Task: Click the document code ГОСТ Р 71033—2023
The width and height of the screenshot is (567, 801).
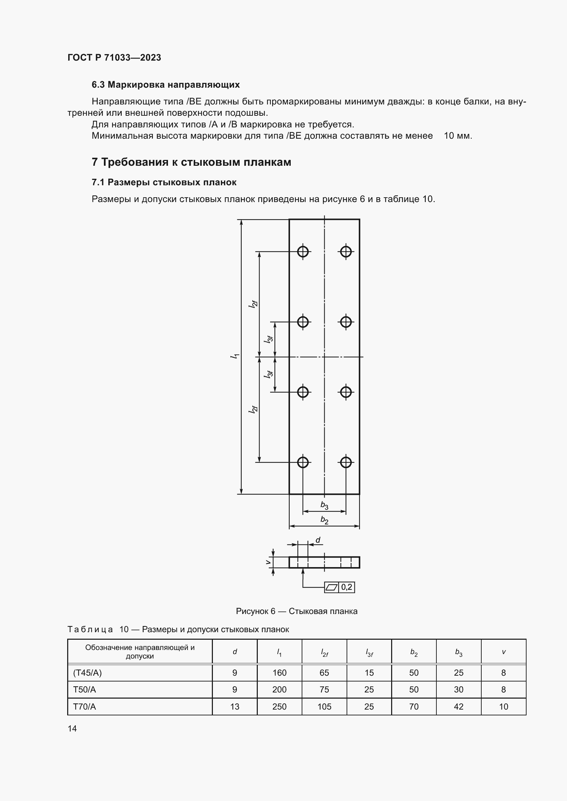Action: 114,58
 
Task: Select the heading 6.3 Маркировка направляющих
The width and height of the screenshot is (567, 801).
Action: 166,85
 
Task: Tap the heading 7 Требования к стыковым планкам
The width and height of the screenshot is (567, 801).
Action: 191,162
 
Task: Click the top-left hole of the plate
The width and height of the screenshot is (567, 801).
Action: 303,252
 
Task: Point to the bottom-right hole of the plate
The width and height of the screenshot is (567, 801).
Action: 346,462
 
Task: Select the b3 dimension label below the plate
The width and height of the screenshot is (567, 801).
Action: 324,505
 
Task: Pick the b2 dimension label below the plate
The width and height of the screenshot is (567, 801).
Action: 324,521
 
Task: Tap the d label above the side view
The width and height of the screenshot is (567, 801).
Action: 318,540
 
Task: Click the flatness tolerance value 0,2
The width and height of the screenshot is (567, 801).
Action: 347,587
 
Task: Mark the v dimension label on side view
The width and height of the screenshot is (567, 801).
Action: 268,562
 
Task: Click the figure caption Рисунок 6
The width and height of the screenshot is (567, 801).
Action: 297,611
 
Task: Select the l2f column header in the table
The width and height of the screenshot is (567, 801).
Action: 324,652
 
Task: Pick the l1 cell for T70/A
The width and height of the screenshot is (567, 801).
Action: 279,707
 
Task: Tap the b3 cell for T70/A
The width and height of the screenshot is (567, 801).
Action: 458,707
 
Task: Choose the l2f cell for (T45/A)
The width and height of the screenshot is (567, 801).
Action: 324,673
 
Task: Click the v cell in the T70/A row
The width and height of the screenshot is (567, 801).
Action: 504,707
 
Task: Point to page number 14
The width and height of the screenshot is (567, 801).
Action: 72,728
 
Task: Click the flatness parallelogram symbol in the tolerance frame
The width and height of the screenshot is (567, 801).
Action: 331,588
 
